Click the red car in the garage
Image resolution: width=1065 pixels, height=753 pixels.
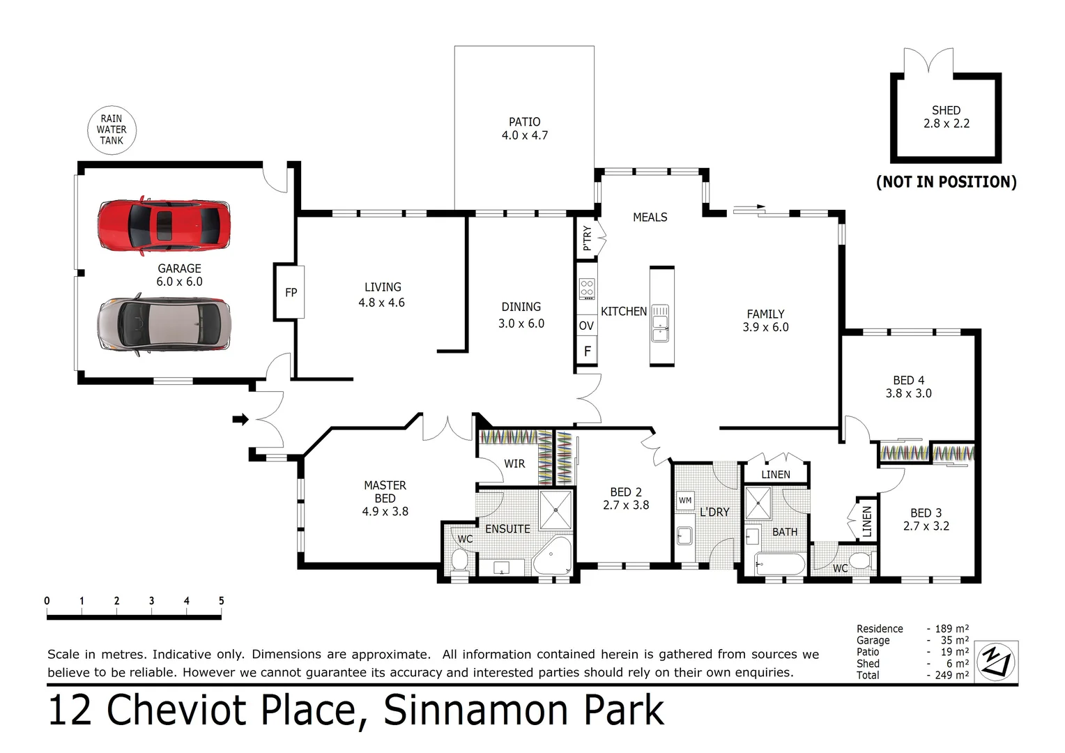coord(164,225)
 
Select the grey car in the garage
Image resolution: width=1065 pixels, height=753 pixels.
coord(164,326)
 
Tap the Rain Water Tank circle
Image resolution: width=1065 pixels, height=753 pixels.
coord(112,130)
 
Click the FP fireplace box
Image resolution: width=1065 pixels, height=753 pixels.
coord(291,293)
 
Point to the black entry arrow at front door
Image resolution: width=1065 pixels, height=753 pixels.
coord(240,419)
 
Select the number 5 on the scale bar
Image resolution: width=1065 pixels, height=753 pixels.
coord(221,601)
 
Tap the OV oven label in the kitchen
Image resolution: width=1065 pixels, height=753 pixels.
coord(586,326)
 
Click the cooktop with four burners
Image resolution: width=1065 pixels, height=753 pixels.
coord(587,289)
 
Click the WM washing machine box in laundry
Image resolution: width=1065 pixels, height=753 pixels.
coord(685,500)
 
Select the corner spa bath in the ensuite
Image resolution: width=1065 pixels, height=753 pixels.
coord(553,556)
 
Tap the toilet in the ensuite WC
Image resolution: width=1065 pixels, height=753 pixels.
coord(459,559)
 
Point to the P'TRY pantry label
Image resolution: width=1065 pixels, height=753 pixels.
coord(587,238)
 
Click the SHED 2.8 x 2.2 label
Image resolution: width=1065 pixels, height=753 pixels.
coord(946,117)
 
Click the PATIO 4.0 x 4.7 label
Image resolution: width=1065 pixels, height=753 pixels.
coord(524,129)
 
